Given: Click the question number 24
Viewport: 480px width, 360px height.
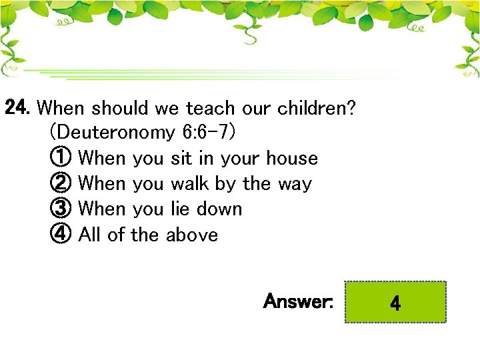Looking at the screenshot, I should coord(18,107).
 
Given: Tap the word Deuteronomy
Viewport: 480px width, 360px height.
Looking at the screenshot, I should coord(117,133).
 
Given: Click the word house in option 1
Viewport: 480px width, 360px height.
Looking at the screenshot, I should coord(291,159).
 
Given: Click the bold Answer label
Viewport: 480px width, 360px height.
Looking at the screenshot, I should coord(298,301).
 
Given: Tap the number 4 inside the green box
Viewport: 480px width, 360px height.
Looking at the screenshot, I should coord(395,305).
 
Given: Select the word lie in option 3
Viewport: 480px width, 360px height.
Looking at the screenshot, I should coord(179,209).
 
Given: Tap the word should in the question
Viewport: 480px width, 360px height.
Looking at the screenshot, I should coord(120,108).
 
